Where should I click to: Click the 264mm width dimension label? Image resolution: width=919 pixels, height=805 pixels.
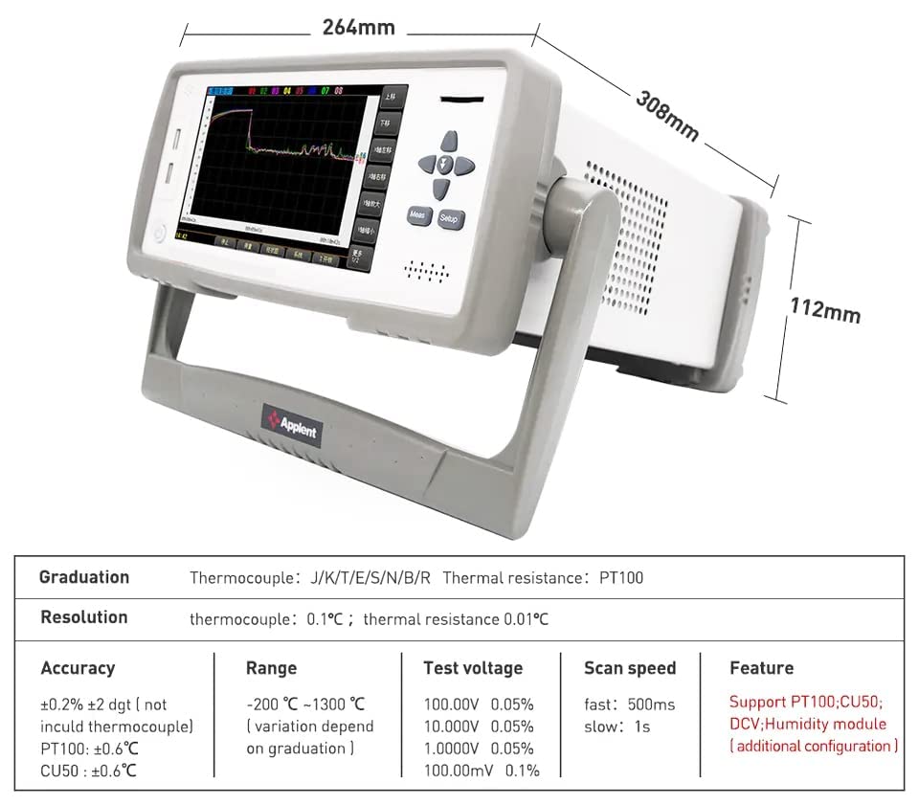tap(359, 27)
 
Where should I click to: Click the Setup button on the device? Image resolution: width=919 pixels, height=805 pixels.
tap(449, 218)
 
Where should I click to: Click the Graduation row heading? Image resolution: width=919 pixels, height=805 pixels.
tap(84, 577)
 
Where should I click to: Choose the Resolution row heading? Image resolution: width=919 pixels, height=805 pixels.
tap(84, 617)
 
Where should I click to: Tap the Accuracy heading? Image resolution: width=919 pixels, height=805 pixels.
tap(78, 668)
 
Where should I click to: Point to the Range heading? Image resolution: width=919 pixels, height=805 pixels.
tap(271, 668)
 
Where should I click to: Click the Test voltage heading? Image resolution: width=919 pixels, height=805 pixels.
tap(473, 668)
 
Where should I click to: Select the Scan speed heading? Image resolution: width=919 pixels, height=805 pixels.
tap(630, 668)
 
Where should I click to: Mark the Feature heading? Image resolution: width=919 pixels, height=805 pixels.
tap(762, 668)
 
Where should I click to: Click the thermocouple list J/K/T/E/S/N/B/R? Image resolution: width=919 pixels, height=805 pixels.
tap(367, 578)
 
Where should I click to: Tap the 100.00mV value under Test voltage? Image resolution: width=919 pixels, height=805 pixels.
tap(455, 771)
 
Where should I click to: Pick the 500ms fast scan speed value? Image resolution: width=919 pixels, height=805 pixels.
tap(651, 704)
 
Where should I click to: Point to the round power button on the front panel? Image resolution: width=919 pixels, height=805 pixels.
tap(159, 233)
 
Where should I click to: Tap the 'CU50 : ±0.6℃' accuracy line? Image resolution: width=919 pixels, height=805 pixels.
tap(89, 771)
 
